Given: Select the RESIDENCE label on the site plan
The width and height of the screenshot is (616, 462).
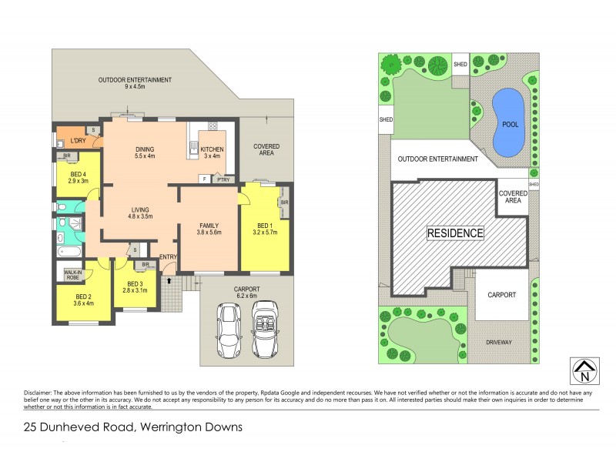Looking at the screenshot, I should click(456, 233).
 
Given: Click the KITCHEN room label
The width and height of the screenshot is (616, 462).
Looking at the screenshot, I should click(212, 149).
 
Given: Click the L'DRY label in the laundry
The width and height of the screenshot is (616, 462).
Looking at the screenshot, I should click(78, 141).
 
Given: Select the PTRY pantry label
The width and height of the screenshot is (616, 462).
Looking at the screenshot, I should click(223, 179).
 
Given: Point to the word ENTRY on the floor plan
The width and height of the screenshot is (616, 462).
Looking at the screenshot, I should click(168, 256).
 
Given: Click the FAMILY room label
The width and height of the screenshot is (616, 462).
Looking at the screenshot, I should click(210, 225).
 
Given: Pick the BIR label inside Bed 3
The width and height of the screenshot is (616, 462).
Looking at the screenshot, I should click(144, 266).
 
